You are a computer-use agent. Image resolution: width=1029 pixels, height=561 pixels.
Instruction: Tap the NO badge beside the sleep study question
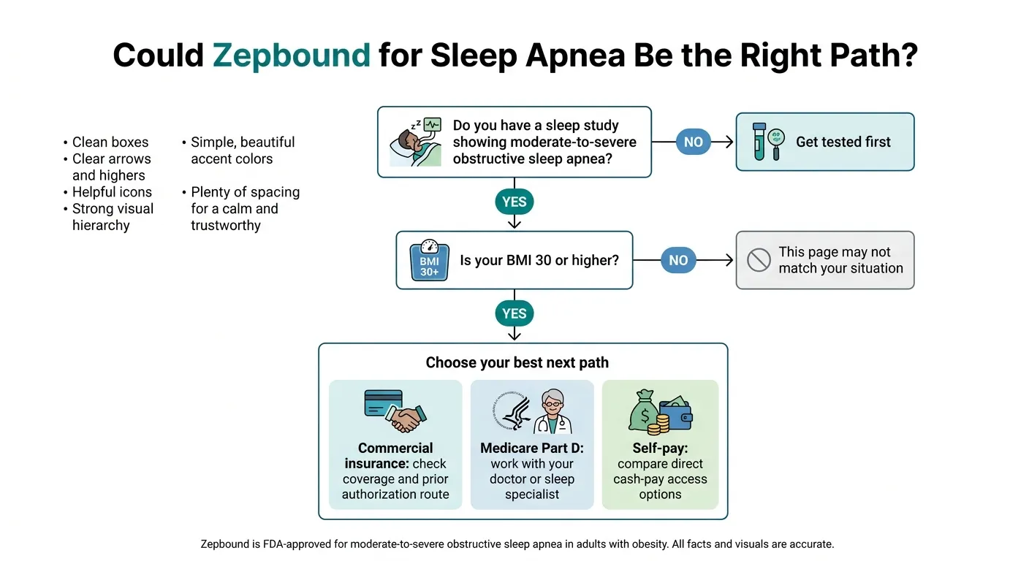(693, 142)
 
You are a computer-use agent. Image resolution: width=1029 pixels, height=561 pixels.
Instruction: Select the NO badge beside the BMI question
(678, 260)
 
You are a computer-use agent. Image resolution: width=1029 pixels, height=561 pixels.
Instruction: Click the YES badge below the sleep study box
(514, 202)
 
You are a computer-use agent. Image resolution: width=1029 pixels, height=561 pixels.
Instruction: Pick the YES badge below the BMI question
(514, 313)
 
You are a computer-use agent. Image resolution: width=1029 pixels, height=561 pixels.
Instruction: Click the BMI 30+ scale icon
(429, 261)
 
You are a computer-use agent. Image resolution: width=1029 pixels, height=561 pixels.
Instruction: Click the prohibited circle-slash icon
(759, 261)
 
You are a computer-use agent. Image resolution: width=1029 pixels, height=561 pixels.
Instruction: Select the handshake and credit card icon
(395, 411)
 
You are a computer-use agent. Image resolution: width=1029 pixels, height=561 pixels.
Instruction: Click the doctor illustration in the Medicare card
(554, 413)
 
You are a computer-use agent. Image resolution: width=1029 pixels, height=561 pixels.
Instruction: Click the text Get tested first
(843, 142)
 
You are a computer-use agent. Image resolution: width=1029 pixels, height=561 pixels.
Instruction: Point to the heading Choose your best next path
(517, 363)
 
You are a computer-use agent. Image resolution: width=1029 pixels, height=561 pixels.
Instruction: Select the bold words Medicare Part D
(531, 448)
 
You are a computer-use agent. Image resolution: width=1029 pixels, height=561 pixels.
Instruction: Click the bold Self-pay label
(660, 448)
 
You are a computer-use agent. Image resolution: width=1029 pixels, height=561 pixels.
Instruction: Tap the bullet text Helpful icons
(112, 192)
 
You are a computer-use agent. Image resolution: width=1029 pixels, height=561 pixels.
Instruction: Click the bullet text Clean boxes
(110, 142)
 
